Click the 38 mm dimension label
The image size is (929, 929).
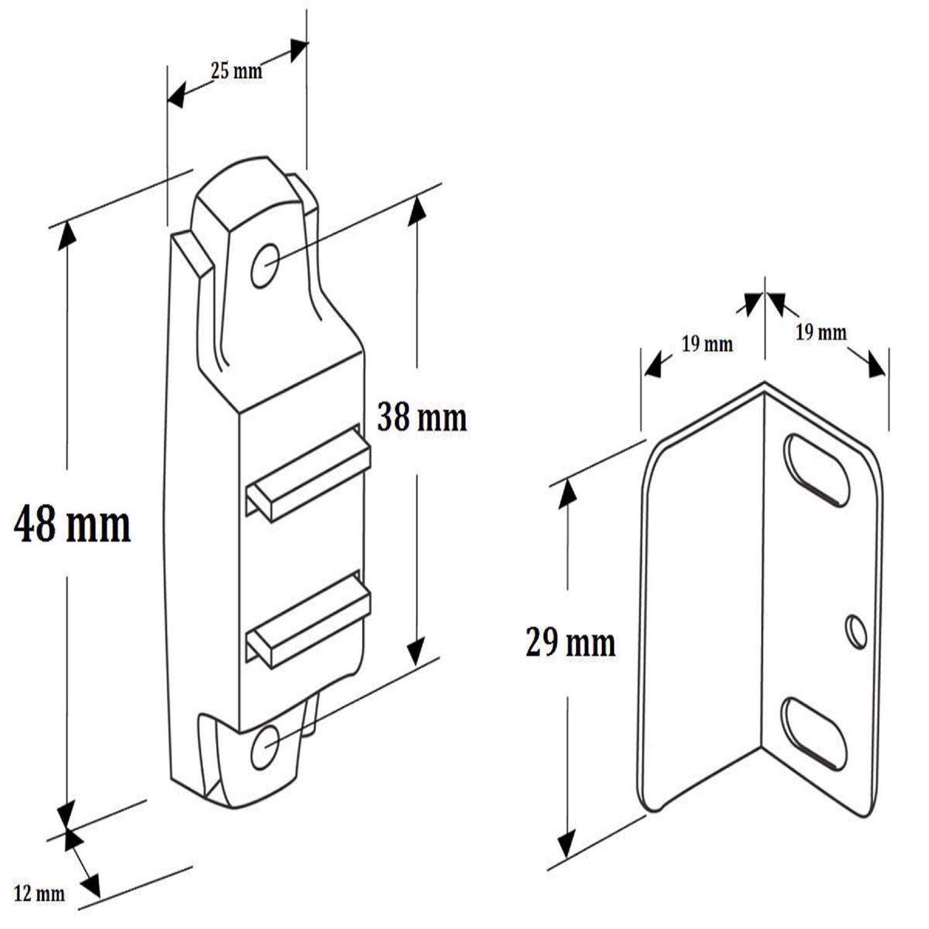[422, 417]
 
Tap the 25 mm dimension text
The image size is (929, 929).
[237, 71]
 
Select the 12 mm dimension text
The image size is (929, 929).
[40, 894]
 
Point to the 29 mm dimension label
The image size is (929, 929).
[570, 642]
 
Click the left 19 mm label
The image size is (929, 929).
[707, 344]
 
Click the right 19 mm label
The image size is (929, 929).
[821, 333]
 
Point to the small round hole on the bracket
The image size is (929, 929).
[857, 631]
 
